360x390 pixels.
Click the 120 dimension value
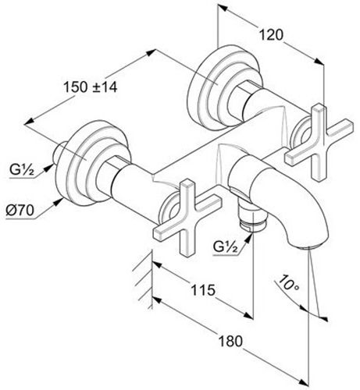coord(271,35)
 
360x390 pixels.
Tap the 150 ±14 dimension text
coord(91,87)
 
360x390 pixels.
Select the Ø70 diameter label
coord(20,210)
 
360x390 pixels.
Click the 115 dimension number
coord(203,289)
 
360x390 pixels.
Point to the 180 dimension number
coord(230,341)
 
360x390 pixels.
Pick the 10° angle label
coord(288,282)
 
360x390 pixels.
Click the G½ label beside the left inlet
coord(22,170)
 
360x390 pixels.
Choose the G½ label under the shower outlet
coord(226,246)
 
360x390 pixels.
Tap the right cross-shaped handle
coord(319,142)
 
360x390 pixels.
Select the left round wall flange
coord(93,161)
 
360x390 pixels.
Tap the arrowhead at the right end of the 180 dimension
coord(303,382)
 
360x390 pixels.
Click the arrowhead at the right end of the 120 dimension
coord(319,62)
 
